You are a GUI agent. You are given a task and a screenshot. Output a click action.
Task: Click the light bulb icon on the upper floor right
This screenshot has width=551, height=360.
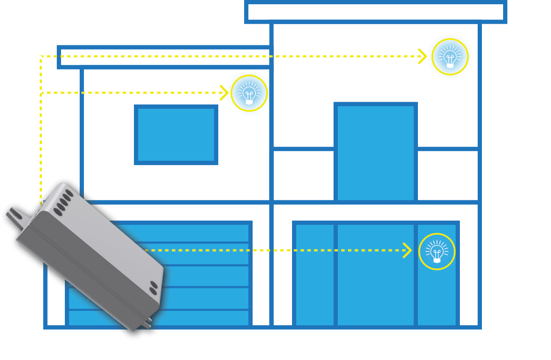450,56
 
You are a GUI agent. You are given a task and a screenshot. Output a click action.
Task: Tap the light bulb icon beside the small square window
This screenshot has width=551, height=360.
249,93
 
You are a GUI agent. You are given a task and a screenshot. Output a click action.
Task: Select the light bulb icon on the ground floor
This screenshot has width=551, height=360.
437,252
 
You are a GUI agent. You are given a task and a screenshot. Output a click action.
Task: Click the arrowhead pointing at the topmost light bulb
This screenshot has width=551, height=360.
422,56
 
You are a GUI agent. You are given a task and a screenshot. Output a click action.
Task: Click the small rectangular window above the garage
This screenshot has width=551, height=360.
176,135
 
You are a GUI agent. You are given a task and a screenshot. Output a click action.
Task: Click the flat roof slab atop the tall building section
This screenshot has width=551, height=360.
376,12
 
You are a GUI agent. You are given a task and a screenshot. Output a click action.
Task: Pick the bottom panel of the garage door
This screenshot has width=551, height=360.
199,318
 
